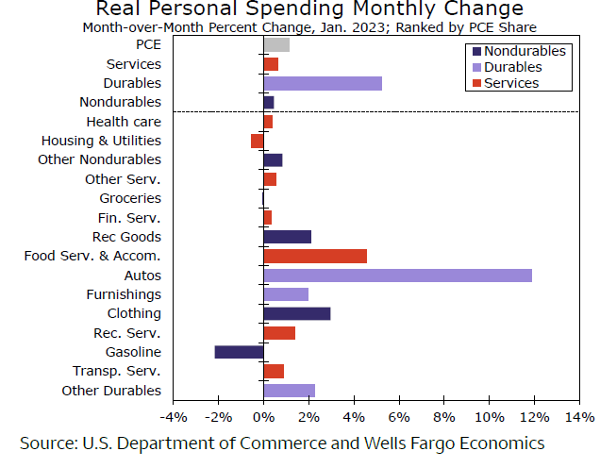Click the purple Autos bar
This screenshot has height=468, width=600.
pos(397,276)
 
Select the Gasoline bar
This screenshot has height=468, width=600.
pos(239,352)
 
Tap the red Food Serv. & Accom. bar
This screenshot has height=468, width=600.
pos(315,256)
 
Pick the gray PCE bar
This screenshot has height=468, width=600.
pos(276,44)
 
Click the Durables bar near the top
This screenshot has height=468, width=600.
pos(323,83)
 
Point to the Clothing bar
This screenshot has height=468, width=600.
pos(297,313)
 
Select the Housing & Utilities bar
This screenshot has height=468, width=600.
pos(258,141)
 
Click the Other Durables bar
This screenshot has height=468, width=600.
pos(290,391)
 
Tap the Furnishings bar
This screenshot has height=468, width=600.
pos(286,294)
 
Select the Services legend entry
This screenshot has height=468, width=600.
pos(510,83)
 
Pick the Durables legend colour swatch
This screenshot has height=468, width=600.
pos(475,67)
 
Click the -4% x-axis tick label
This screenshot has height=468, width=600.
pos(173,417)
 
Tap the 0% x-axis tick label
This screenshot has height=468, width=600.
pos(263,417)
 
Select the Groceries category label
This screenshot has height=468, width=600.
pos(130,198)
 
